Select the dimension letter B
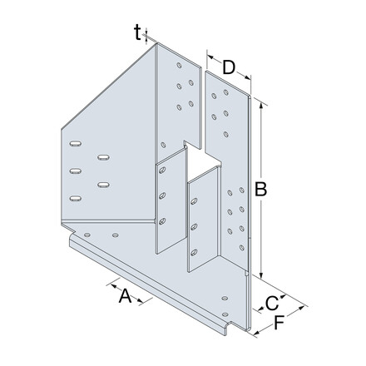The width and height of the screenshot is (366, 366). [x=261, y=190]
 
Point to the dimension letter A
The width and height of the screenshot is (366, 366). [x=123, y=295]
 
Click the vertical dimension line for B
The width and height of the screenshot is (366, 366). [x=263, y=150]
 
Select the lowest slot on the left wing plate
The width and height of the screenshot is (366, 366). [x=76, y=197]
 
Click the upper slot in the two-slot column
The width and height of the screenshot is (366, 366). [x=103, y=156]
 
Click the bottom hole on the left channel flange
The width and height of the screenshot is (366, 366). [x=162, y=220]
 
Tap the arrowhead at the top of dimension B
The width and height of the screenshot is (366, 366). [x=263, y=104]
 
